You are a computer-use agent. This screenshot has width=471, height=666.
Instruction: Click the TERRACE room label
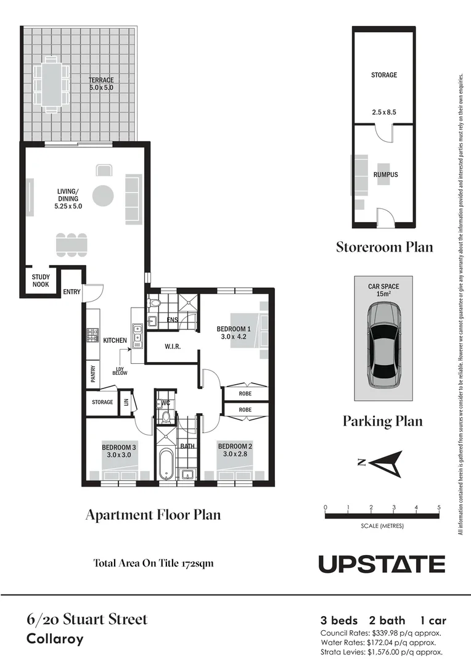click(100, 80)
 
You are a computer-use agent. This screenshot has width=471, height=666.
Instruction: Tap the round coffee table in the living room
click(103, 196)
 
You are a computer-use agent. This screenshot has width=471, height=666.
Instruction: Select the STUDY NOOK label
click(41, 281)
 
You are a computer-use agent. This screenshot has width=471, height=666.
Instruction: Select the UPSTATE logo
click(382, 564)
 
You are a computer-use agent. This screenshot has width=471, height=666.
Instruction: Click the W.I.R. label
click(173, 347)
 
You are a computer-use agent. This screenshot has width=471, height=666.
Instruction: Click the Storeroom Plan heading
click(384, 247)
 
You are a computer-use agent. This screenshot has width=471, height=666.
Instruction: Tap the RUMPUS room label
click(385, 175)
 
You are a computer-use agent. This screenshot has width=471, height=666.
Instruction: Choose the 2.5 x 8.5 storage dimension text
click(383, 113)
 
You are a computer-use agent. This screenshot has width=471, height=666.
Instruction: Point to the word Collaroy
click(55, 639)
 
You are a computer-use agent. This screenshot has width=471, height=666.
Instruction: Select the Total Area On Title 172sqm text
click(153, 563)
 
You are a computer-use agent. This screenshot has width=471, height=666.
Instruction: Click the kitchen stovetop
click(92, 335)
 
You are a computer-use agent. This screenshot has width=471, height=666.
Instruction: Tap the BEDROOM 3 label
click(119, 447)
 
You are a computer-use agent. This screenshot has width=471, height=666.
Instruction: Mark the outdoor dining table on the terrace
click(52, 84)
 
